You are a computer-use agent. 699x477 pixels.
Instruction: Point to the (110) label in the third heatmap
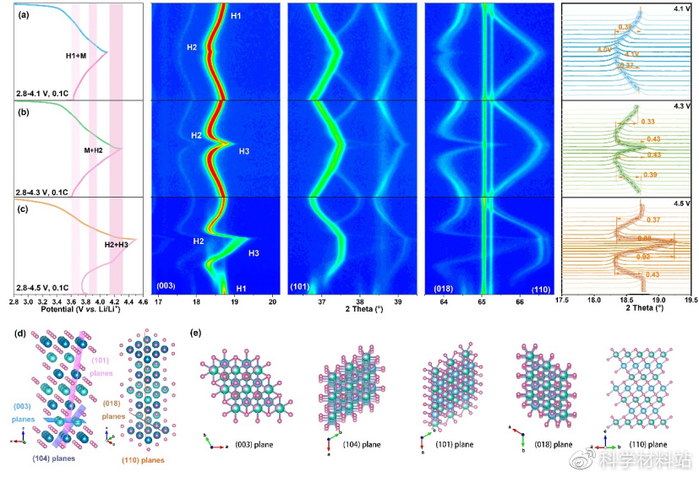(542, 290)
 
